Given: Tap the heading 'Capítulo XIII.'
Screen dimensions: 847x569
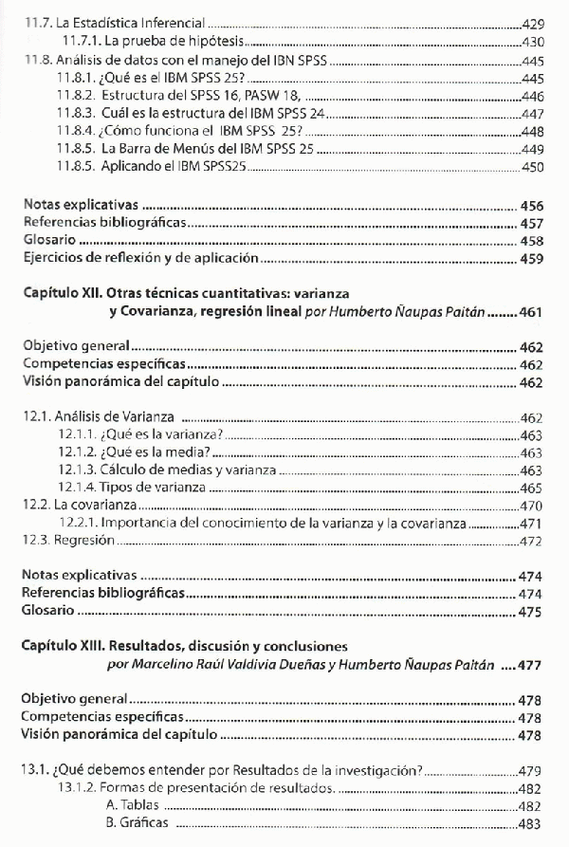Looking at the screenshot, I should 71,646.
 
